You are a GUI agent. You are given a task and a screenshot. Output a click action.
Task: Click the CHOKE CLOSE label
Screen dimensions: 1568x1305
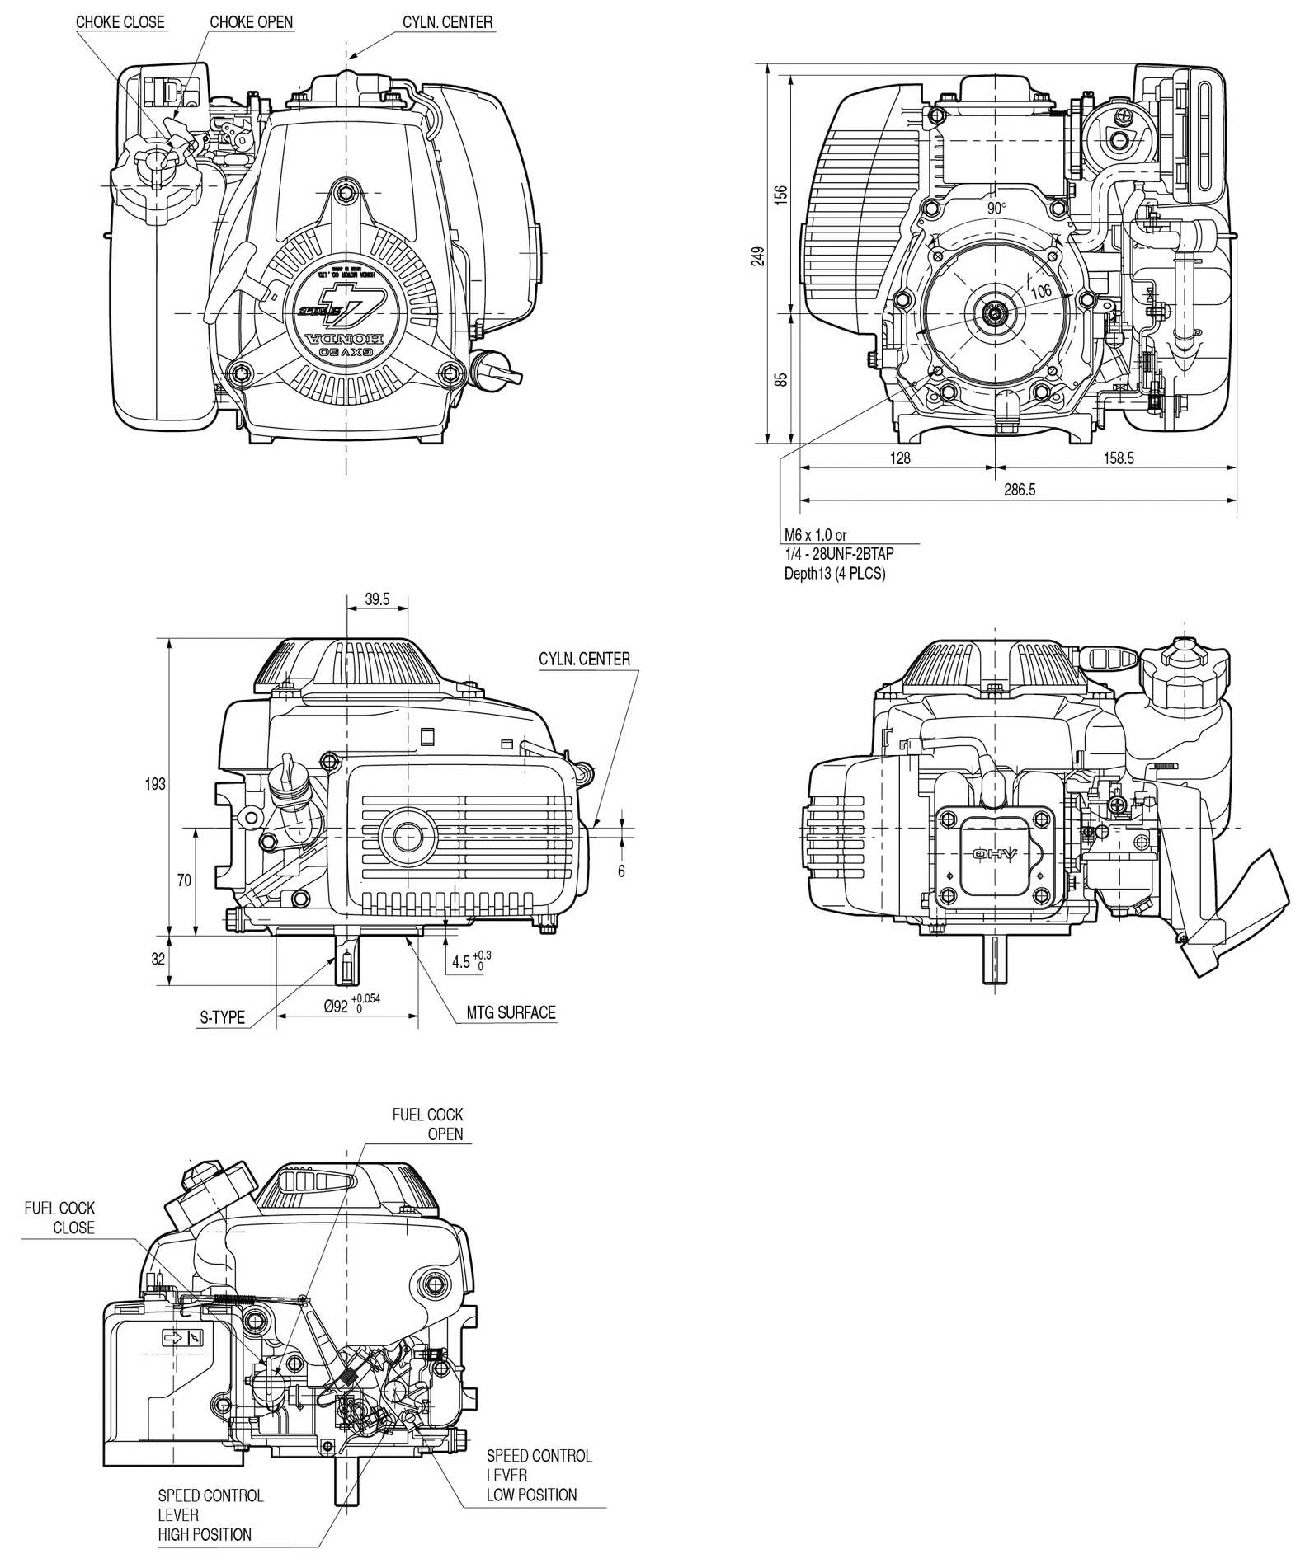(120, 22)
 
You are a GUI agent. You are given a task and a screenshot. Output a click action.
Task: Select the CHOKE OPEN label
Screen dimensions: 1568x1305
(251, 22)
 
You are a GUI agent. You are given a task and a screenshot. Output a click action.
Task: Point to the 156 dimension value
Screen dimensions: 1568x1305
(782, 194)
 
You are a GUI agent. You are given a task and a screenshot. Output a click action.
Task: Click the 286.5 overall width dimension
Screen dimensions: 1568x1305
(1020, 490)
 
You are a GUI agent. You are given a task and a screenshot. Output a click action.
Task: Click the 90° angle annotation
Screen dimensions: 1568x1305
(996, 209)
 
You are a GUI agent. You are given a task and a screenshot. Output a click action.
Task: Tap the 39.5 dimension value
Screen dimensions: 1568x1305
(377, 599)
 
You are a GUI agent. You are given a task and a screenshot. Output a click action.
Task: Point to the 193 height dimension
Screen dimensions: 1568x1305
(155, 784)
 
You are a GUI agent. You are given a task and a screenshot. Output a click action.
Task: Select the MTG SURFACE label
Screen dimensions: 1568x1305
(511, 1012)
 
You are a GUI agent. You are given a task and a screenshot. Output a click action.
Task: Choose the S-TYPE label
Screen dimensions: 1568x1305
(223, 1017)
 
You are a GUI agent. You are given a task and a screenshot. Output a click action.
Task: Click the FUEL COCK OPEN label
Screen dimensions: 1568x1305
(427, 1124)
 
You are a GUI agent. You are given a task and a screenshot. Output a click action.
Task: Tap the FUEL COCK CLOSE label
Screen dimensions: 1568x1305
(60, 1218)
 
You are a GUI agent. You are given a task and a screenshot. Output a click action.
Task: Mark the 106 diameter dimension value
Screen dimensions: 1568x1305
(1041, 290)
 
